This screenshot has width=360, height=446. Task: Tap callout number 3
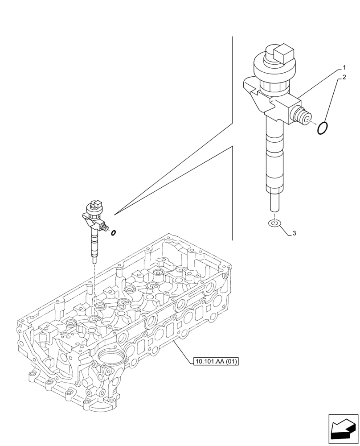(295, 233)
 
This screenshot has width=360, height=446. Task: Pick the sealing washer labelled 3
(275, 223)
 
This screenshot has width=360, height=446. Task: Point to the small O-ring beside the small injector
(114, 232)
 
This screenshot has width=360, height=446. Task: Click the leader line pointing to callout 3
(286, 228)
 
